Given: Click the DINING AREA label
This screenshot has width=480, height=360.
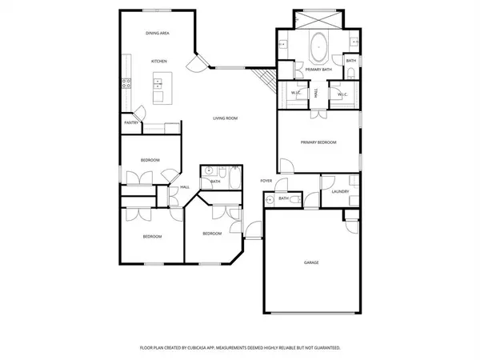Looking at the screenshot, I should tap(157, 33).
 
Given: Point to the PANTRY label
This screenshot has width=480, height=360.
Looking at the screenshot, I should tap(130, 122).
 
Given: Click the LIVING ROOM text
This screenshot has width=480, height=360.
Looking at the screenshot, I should tap(225, 118).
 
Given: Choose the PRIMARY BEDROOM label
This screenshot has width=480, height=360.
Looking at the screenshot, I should tap(318, 142).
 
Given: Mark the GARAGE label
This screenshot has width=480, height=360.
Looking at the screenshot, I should tap(311, 262).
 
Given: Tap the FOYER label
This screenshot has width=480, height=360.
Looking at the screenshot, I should tap(266, 181).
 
